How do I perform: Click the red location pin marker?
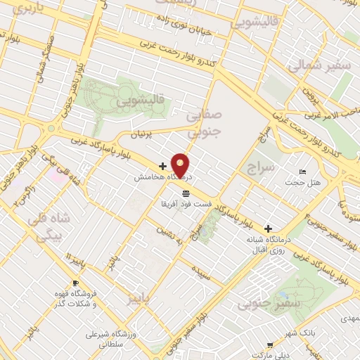[181, 165]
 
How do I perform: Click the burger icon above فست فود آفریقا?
[186, 193]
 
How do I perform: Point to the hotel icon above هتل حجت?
[303, 173]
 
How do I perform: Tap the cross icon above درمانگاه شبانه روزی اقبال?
[267, 229]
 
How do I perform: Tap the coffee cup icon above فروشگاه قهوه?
[65, 292]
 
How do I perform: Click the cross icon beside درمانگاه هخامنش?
[162, 167]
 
